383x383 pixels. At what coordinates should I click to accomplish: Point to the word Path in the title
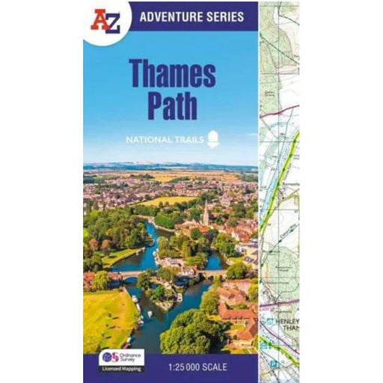tap(174, 105)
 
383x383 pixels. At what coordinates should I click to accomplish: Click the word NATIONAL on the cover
tap(153, 138)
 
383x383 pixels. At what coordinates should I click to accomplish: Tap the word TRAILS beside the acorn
tap(190, 138)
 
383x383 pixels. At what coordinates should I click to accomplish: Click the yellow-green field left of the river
tap(105, 314)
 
